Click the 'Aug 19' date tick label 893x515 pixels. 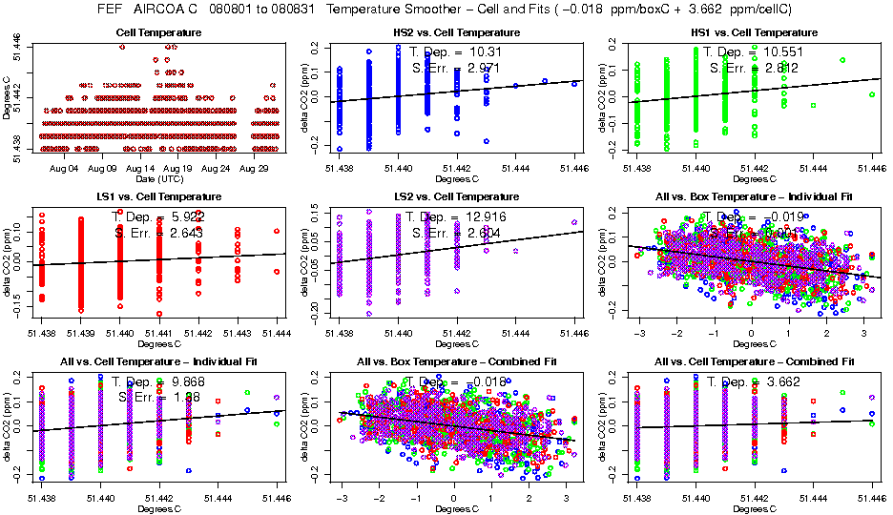178,169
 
